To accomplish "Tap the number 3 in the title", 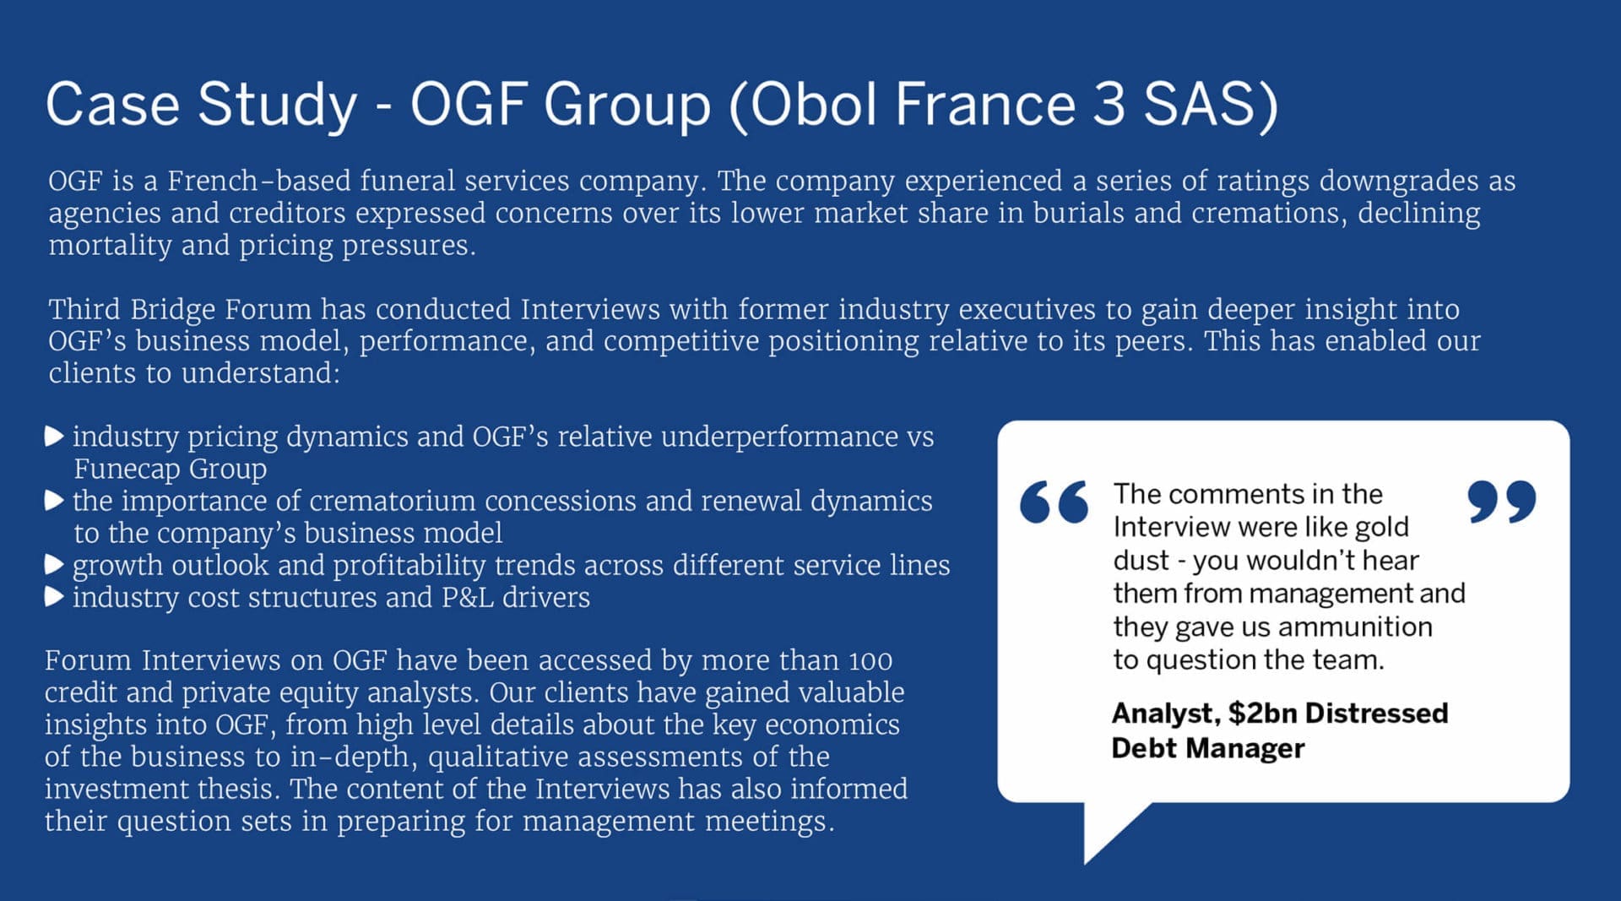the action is point(1109,104).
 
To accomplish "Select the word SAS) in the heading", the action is point(1211,106).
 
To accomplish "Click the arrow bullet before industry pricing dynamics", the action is point(54,437).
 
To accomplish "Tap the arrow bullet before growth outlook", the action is point(54,565).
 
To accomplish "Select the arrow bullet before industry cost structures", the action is point(54,597).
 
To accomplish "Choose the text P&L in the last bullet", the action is point(467,597).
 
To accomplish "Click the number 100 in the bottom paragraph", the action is point(870,661).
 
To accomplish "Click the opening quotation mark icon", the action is point(1054,502).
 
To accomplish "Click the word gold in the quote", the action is point(1381,527).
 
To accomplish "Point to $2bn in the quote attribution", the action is point(1262,714).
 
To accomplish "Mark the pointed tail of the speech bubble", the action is point(1086,863).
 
